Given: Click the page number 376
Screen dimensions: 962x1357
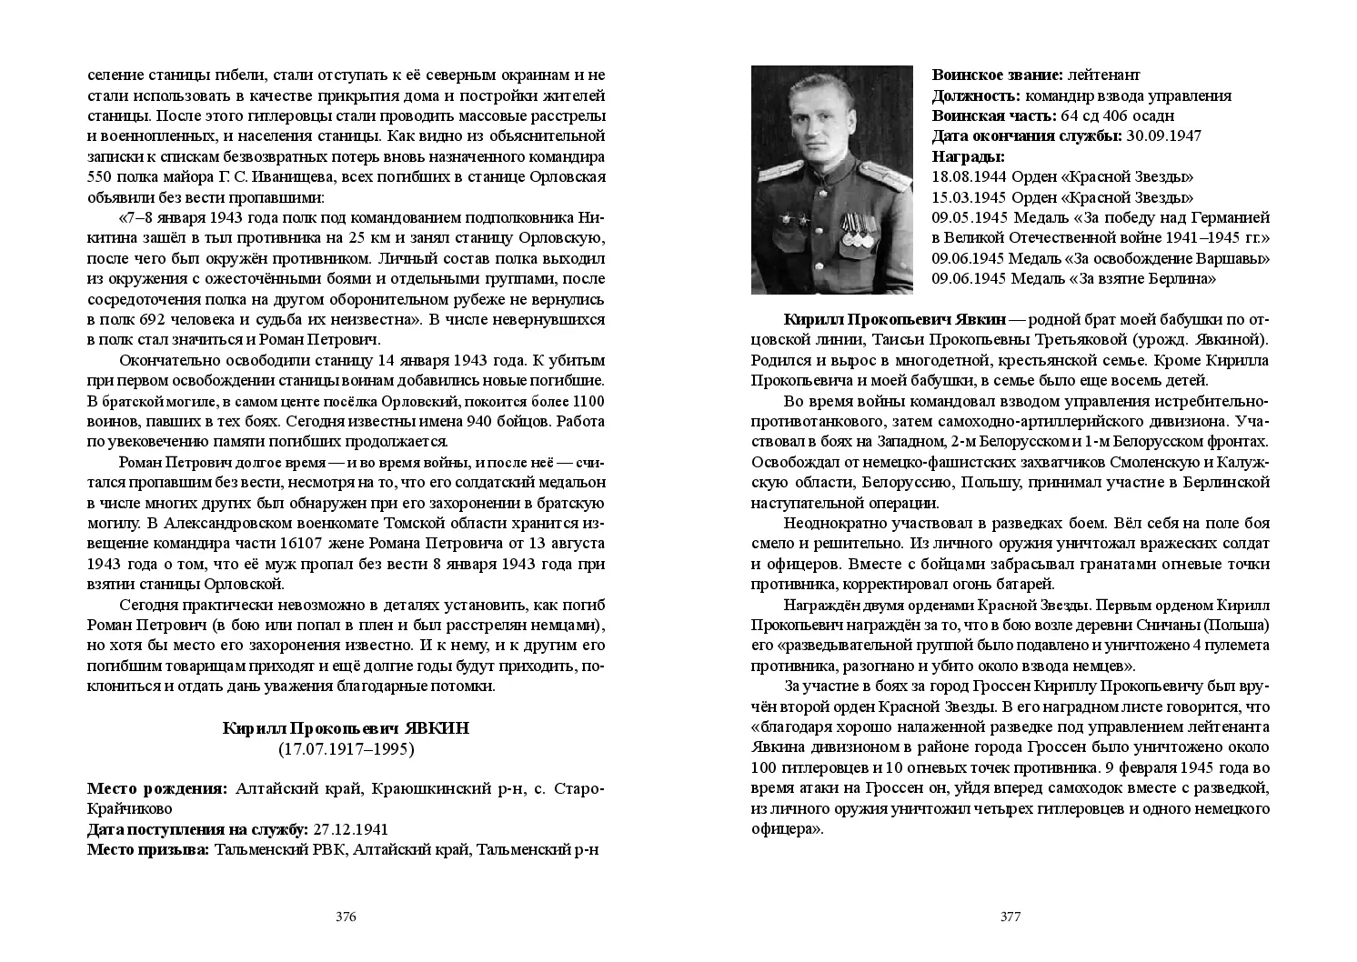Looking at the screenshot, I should pos(346,917).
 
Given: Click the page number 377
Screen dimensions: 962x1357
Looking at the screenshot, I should pos(1010,917).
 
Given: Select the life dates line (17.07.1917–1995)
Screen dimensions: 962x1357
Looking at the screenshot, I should pos(346,749).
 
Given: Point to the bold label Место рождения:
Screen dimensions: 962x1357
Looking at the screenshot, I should pos(157,788).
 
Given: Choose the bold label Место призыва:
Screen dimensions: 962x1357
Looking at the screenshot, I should pos(147,849).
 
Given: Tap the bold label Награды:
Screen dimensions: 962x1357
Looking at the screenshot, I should pos(962,156).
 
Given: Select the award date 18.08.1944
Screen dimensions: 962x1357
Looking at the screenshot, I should pos(968,177).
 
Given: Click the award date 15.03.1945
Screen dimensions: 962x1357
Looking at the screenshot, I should pos(968,197).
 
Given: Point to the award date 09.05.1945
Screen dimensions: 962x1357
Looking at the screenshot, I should pos(968,218).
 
